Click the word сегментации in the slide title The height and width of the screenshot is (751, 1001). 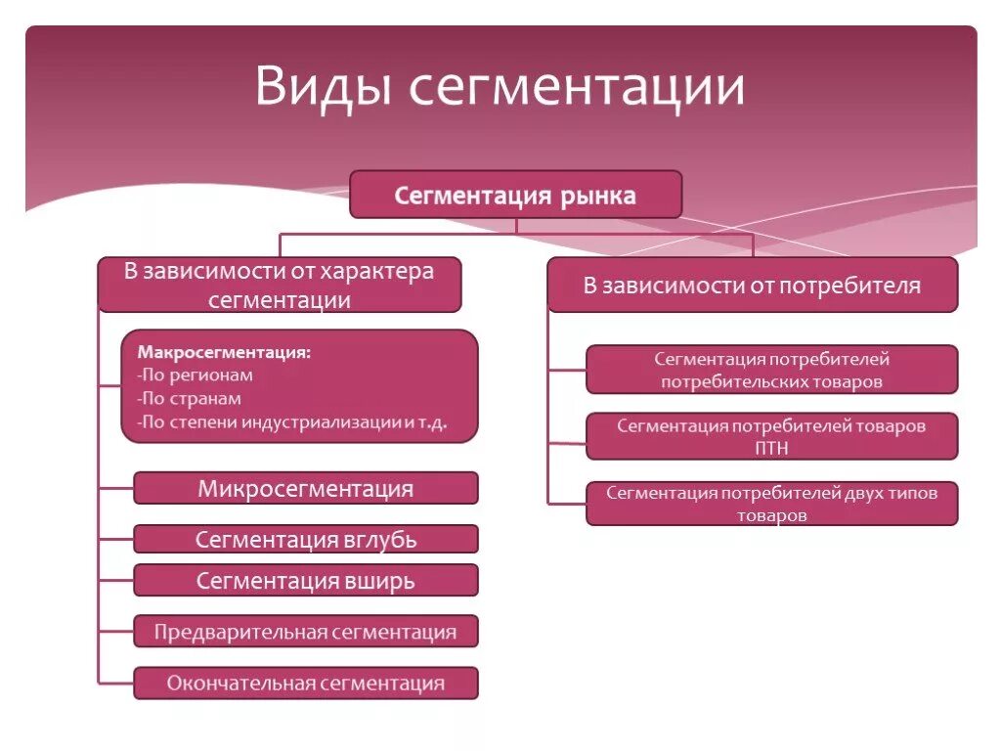577,88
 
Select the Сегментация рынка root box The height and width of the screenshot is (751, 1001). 515,195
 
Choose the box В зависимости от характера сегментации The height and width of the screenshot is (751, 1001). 279,285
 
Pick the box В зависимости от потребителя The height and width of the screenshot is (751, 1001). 752,286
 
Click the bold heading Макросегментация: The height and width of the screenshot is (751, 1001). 224,351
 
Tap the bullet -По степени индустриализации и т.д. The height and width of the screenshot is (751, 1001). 292,423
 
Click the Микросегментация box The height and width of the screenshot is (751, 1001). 306,488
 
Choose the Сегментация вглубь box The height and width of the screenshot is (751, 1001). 306,540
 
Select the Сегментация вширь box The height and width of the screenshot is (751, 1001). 306,581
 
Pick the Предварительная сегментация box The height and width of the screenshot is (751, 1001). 306,632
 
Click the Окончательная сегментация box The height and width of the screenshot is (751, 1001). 306,684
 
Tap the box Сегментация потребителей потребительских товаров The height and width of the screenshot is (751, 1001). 771,370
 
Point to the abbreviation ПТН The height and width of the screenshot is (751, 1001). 772,448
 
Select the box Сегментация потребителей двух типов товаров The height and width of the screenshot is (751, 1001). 771,504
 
